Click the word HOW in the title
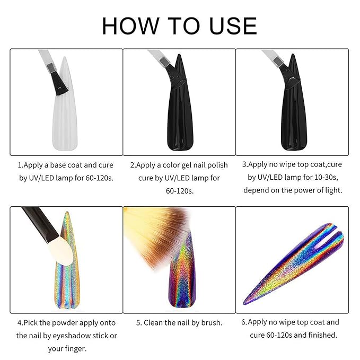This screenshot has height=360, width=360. click(x=130, y=26)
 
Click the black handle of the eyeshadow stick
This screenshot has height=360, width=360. click(x=40, y=224)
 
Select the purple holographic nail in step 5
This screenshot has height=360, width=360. click(x=183, y=276)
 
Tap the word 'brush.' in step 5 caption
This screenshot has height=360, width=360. click(x=212, y=323)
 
